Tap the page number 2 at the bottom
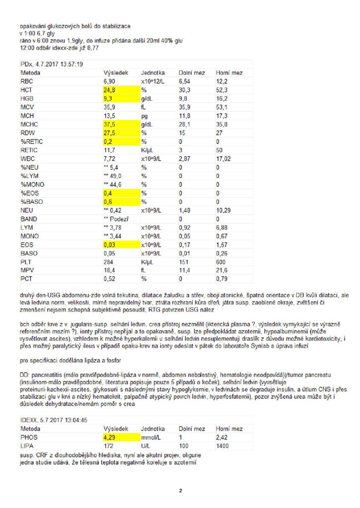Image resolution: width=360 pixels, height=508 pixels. tap(181, 491)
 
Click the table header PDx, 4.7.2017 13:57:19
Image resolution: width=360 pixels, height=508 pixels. tap(52, 64)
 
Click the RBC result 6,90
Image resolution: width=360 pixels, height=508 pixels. tap(110, 80)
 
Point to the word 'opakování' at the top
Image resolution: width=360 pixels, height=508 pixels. tap(34, 26)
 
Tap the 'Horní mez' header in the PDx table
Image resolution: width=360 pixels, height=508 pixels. tap(229, 72)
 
